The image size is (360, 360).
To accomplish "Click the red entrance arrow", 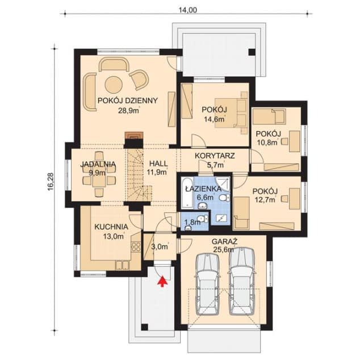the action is tap(162, 282).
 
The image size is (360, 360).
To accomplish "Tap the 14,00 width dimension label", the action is tap(188, 10).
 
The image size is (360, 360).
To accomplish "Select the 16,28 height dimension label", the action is tap(51, 181).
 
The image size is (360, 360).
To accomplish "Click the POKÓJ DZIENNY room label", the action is tap(128, 101).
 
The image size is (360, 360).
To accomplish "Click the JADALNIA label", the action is tap(98, 164).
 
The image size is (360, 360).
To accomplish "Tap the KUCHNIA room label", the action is tap(111, 227).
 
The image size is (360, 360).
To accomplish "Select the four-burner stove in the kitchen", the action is tap(136, 246).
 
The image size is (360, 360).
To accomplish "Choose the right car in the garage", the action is tap(242, 281).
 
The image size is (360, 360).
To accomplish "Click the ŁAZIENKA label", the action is tap(203, 189).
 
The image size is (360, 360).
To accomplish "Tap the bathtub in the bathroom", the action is tap(187, 193).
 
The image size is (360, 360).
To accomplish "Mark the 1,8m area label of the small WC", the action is tap(192, 222).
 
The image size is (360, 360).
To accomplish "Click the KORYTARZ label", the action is tap(215, 156).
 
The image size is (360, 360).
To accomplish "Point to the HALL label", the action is tap(158, 164).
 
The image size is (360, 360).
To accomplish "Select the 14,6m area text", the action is tap(214, 119).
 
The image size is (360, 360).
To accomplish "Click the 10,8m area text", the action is tap(267, 143).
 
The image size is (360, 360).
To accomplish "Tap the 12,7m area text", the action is tap(265, 200).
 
